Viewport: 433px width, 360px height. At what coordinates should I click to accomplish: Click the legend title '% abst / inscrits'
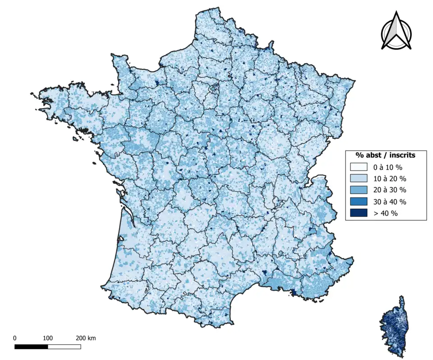pos(386,155)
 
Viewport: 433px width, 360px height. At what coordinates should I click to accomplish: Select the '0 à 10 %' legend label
pos(388,167)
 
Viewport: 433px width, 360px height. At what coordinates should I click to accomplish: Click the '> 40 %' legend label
pos(385,213)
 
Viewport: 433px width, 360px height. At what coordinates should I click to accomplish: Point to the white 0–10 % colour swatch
pos(359,167)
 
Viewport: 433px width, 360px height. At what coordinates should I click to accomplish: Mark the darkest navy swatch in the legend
pos(359,213)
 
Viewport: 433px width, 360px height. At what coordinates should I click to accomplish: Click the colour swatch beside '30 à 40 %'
pos(359,201)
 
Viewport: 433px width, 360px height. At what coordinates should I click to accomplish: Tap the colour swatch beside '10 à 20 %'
pos(359,178)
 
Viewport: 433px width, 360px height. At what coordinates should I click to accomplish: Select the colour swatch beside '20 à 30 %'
pos(359,190)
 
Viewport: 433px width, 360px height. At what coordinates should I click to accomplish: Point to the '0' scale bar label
pos(15,338)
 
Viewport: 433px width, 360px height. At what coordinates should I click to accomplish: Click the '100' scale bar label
pos(48,338)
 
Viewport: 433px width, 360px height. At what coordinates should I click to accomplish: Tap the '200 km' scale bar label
pos(86,338)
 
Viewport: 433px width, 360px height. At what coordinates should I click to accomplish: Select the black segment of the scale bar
pos(31,346)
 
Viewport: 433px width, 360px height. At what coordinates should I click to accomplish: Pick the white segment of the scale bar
pos(64,346)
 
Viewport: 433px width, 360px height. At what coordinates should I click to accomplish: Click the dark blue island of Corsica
pos(394,324)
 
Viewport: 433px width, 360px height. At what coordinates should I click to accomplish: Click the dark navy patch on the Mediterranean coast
pos(294,292)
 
